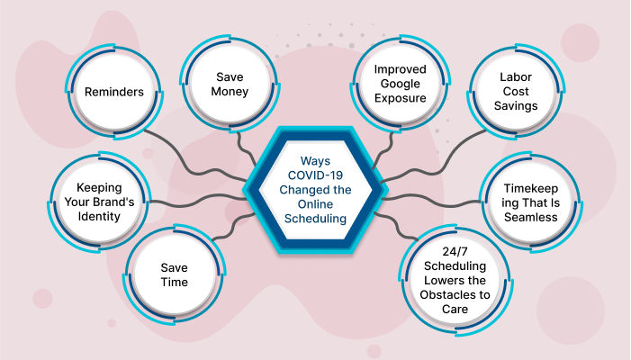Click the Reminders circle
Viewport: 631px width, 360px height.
tap(115, 92)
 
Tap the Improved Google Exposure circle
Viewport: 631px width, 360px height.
tap(400, 83)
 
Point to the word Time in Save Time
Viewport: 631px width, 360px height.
tap(174, 282)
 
